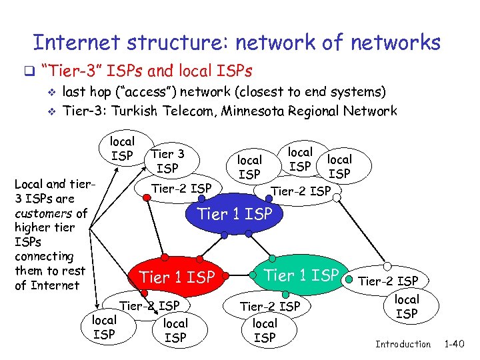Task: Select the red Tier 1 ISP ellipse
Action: [x=177, y=276]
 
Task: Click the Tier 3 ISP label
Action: [x=168, y=161]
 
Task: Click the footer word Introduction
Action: [x=403, y=344]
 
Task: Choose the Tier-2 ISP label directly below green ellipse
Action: [x=270, y=307]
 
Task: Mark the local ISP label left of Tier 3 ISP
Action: [x=121, y=149]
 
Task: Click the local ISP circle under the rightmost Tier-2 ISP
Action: [x=407, y=306]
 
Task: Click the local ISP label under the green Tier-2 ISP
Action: [x=265, y=331]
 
